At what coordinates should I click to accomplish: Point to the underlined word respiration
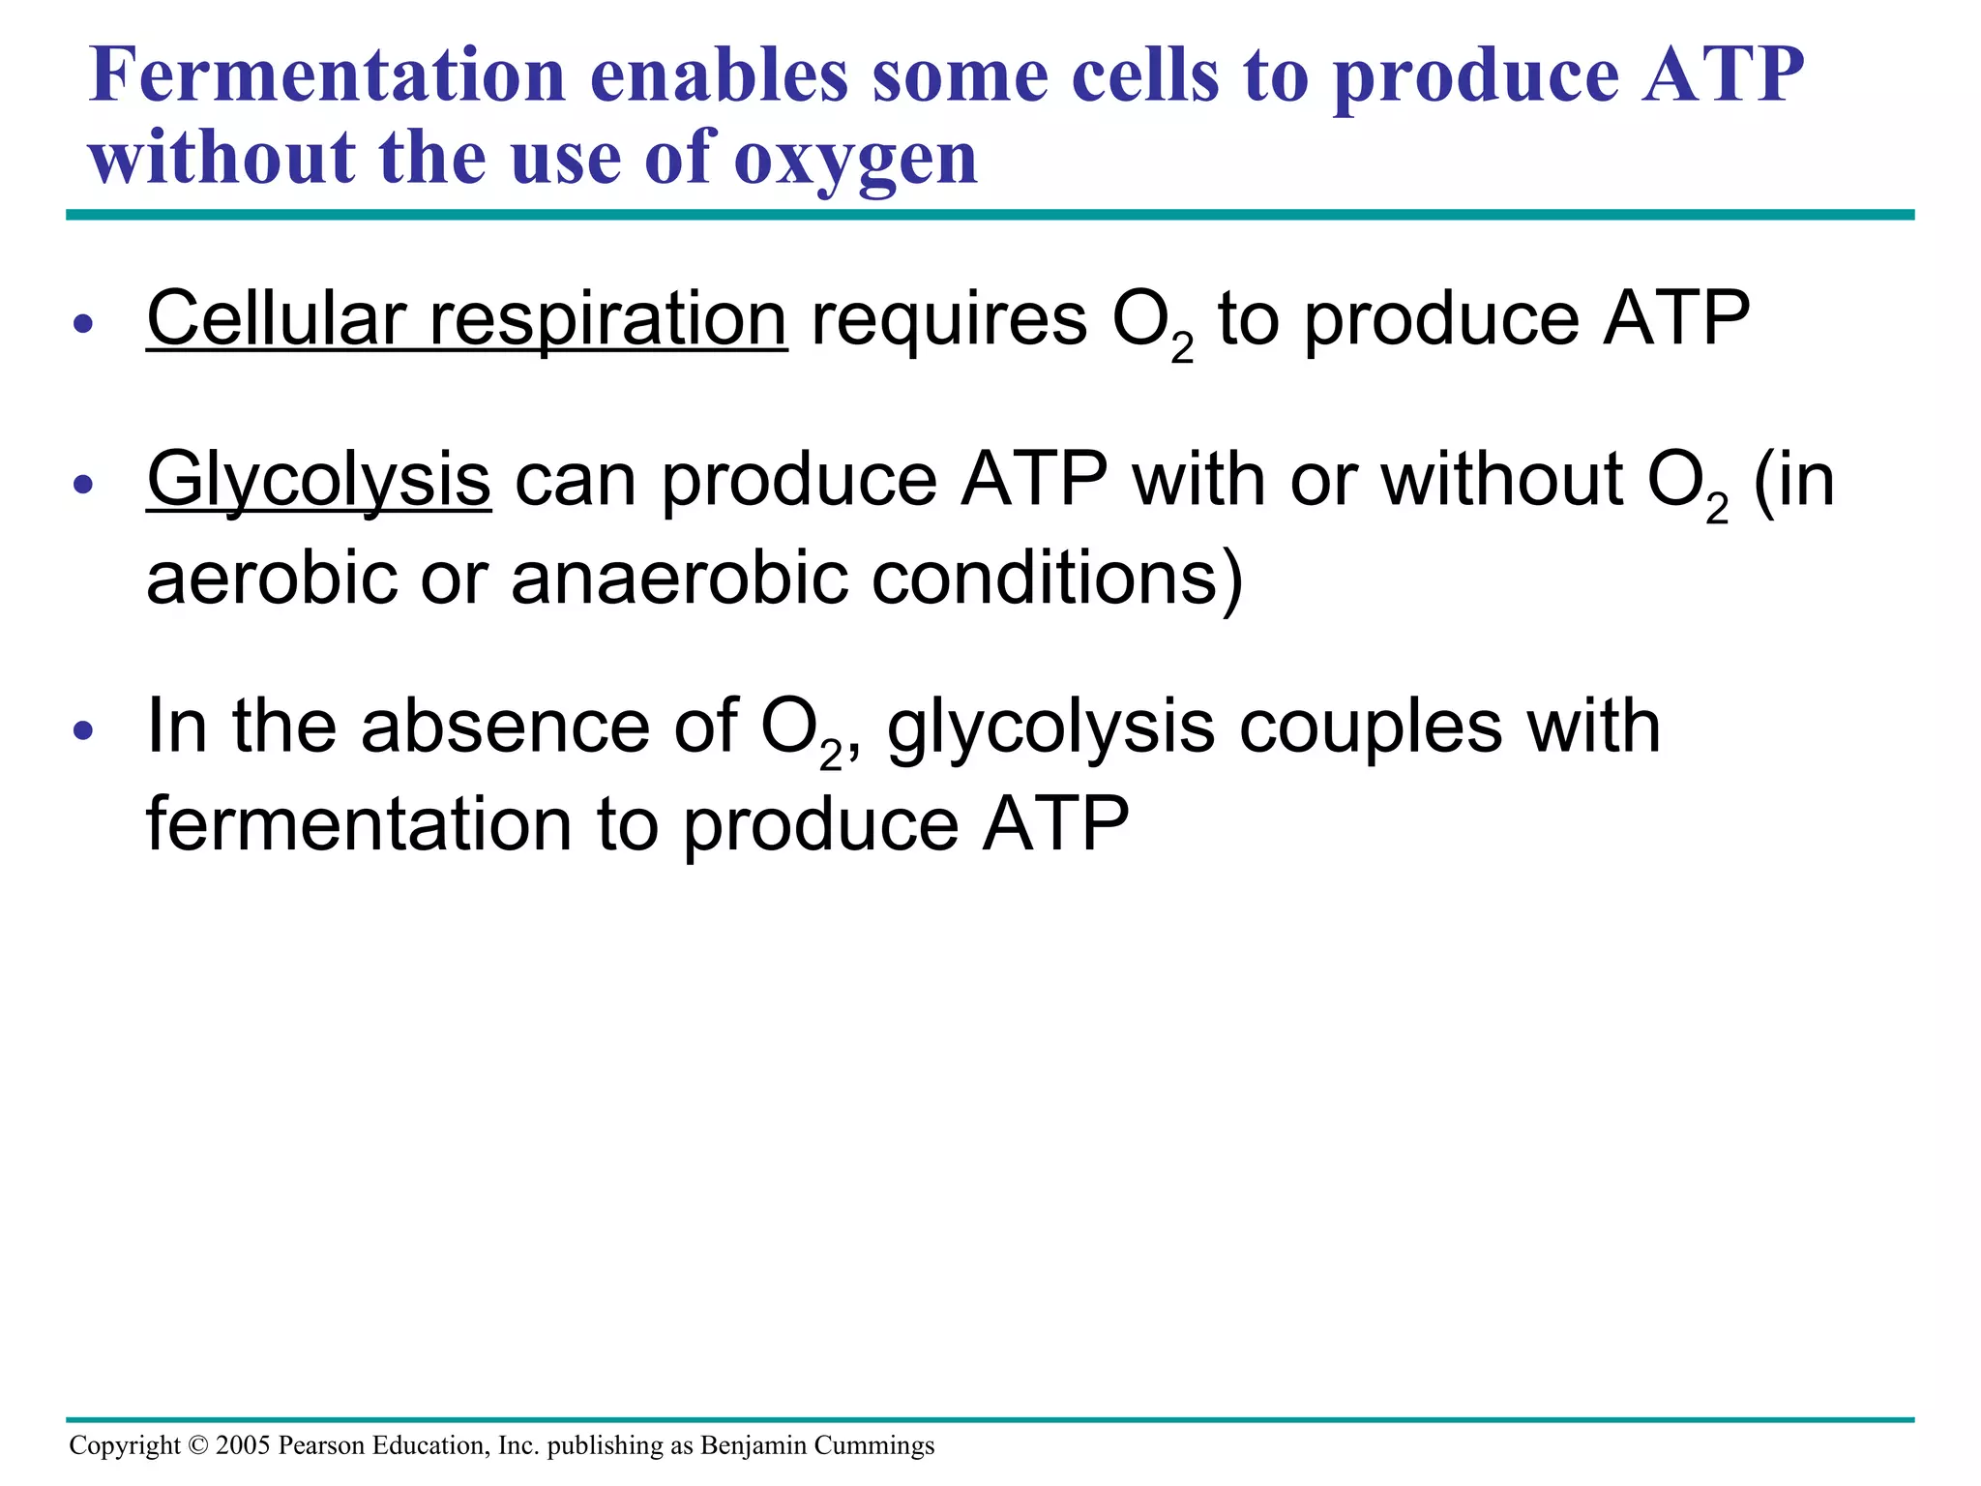[607, 321]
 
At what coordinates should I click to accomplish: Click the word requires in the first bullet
[948, 321]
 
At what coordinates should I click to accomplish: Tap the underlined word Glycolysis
[318, 481]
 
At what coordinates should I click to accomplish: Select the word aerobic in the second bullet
[272, 579]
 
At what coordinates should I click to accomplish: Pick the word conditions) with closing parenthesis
[1057, 579]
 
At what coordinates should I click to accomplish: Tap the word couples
[1371, 727]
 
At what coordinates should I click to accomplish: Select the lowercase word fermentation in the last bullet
[359, 824]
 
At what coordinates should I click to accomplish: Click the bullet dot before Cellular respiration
[84, 324]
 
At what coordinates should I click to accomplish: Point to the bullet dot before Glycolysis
[84, 484]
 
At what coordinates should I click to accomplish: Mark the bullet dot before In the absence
[84, 730]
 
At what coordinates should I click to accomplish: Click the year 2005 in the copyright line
[243, 1445]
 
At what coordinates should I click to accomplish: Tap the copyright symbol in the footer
[198, 1445]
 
